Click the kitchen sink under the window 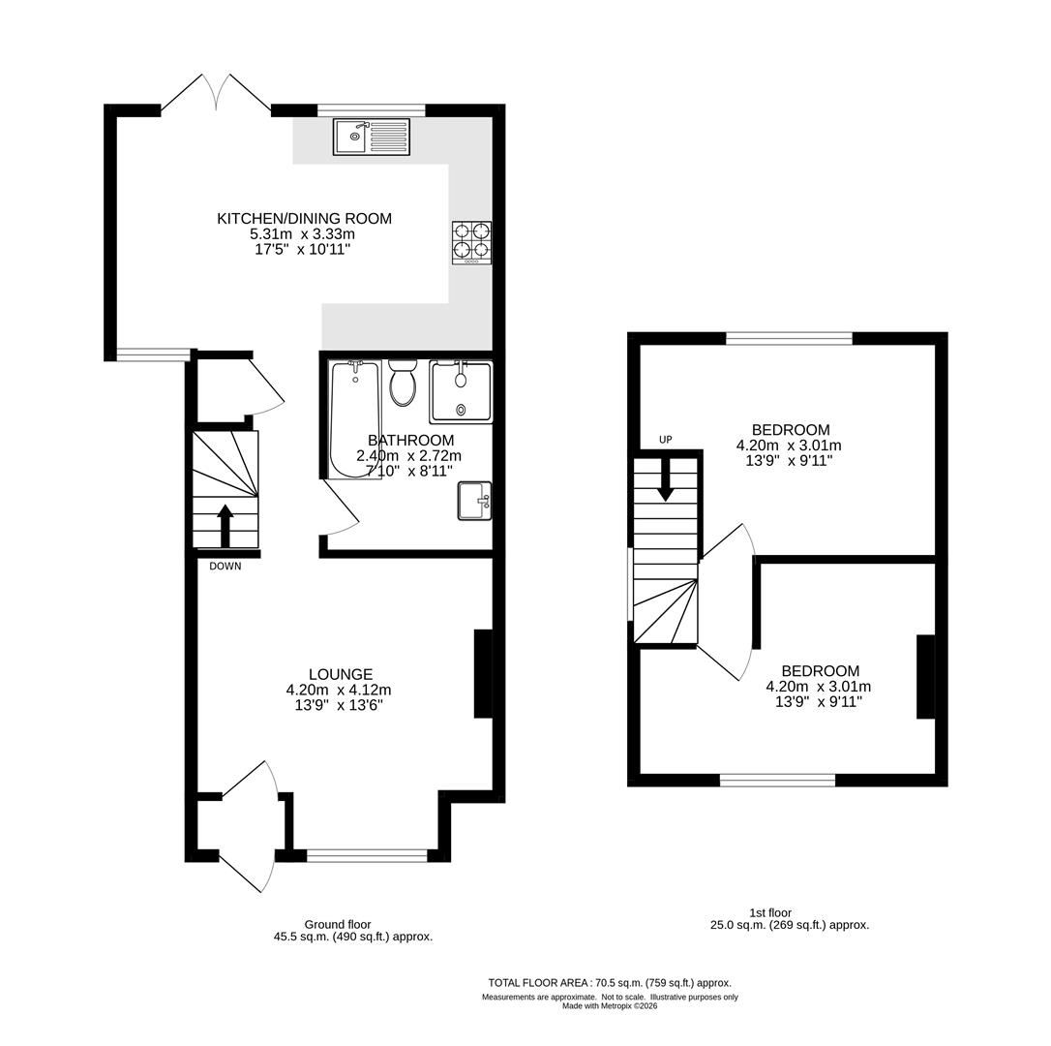pyautogui.click(x=373, y=137)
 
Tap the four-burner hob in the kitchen pyautogui.click(x=471, y=242)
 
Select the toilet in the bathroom pyautogui.click(x=402, y=384)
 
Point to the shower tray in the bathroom pyautogui.click(x=462, y=391)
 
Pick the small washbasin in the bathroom pyautogui.click(x=474, y=501)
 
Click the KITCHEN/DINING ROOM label pyautogui.click(x=304, y=219)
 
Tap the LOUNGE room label pyautogui.click(x=341, y=674)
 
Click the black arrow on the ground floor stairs pyautogui.click(x=225, y=526)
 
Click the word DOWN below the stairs pyautogui.click(x=225, y=567)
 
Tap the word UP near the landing pyautogui.click(x=666, y=440)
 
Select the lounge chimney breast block pyautogui.click(x=483, y=674)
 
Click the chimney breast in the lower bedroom pyautogui.click(x=925, y=677)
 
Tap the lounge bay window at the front pyautogui.click(x=367, y=855)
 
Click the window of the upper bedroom pyautogui.click(x=789, y=338)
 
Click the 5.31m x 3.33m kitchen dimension pyautogui.click(x=304, y=234)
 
